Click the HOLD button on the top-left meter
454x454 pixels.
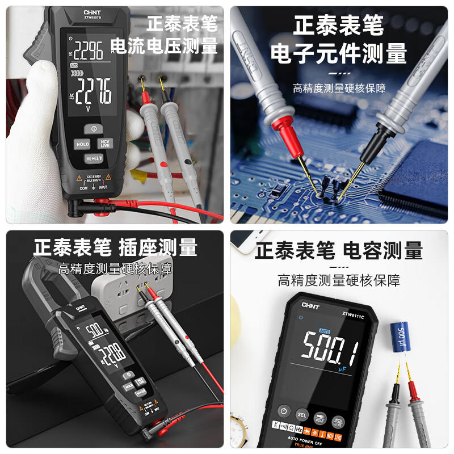(x=83, y=145)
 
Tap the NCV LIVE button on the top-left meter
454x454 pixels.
(x=104, y=144)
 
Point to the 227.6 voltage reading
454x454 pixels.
(x=94, y=91)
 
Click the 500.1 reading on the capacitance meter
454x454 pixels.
(x=330, y=347)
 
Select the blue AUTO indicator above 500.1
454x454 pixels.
(x=325, y=330)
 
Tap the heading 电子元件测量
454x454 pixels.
(x=339, y=54)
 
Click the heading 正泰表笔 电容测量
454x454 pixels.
(x=338, y=250)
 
